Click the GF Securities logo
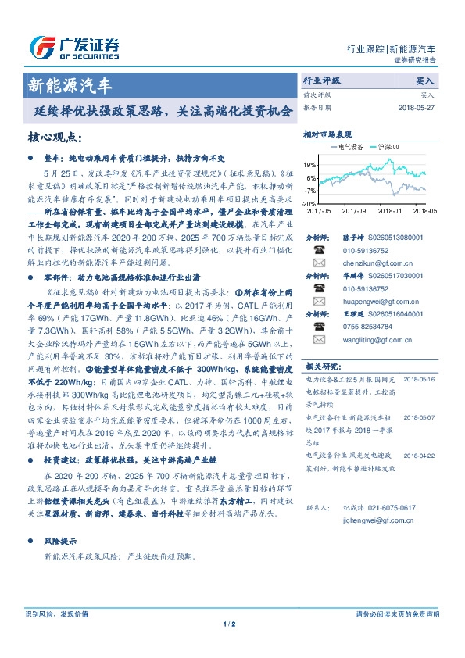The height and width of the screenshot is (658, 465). [74, 46]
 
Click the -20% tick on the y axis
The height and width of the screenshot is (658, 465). [309, 202]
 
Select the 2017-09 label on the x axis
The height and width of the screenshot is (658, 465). [354, 211]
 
